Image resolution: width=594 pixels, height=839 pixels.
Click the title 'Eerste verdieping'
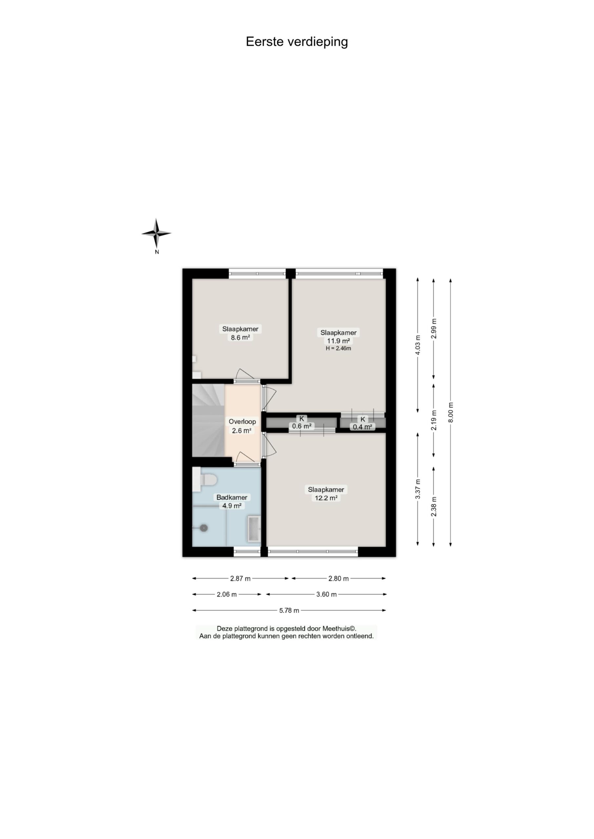pos(297,42)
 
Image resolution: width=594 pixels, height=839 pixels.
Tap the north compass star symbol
pos(157,233)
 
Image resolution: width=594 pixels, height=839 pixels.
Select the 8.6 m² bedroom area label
pos(240,338)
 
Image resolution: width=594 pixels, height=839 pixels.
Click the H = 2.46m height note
pos(338,348)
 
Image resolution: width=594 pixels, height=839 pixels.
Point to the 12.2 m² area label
pos(326,498)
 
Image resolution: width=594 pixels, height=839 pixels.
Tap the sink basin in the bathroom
pos(253,529)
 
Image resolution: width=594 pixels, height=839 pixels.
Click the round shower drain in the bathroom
pos(204,528)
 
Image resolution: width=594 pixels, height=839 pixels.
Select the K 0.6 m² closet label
pos(302,422)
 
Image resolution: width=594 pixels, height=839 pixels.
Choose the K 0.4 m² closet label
pos(363,423)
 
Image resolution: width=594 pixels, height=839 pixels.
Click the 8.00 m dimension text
pos(451,412)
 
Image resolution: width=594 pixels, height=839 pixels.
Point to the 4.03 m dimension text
pos(418,345)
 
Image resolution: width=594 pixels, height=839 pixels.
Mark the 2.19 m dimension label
pos(434,420)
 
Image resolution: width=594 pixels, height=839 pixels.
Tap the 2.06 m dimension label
pos(227,595)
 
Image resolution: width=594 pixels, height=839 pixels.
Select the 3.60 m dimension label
pos(326,595)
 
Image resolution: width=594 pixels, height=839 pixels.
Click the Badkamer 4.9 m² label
pos(232,501)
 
